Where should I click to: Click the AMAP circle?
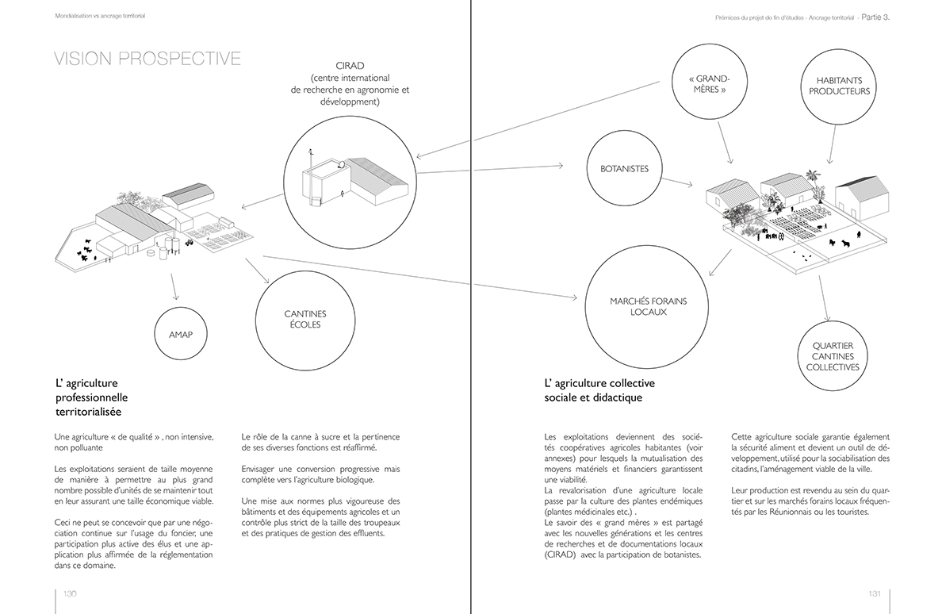[x=181, y=334]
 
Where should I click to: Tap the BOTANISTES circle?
[x=624, y=168]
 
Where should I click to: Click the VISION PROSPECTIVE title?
[x=147, y=59]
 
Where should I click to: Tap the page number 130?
[x=70, y=594]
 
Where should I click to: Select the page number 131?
[x=875, y=594]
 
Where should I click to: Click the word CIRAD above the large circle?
[x=349, y=64]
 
